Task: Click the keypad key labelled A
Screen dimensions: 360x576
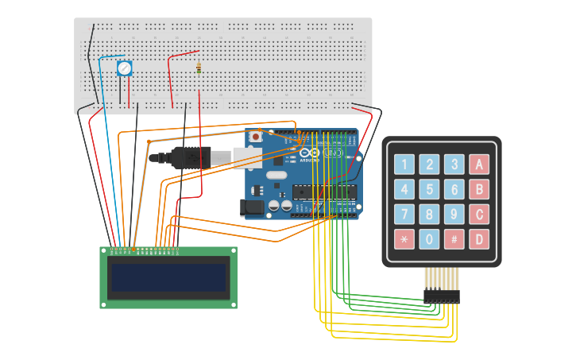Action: click(x=478, y=165)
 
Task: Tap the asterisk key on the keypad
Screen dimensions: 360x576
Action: click(x=404, y=239)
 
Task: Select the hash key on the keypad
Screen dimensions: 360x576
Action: click(x=454, y=239)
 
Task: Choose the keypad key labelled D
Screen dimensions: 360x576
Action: click(x=478, y=239)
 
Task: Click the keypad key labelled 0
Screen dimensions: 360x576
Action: click(x=429, y=239)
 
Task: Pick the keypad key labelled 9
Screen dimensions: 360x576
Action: click(x=454, y=215)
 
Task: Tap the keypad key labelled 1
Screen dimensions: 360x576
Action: click(x=404, y=165)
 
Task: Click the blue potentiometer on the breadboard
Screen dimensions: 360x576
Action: click(x=124, y=68)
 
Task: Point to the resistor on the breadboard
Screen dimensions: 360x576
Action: click(x=199, y=68)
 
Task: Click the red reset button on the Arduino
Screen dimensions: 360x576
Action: click(x=256, y=137)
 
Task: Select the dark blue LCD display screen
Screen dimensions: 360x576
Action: click(x=169, y=277)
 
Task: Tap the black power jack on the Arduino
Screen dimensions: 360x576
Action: click(x=252, y=207)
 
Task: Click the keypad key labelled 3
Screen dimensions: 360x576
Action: click(x=454, y=165)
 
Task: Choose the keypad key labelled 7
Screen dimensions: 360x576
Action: click(x=404, y=215)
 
